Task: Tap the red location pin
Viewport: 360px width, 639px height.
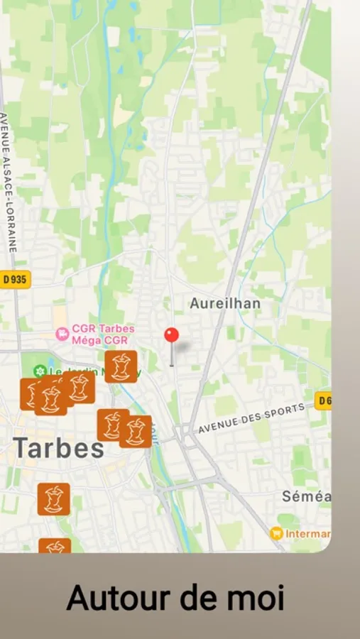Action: point(171,337)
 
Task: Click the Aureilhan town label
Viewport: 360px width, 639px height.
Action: point(225,303)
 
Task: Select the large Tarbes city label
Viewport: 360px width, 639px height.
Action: point(59,448)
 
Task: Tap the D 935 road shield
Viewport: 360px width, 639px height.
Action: point(14,279)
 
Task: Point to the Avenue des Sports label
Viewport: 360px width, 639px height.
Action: point(251,418)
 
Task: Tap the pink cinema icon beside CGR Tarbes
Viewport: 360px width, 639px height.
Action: point(62,331)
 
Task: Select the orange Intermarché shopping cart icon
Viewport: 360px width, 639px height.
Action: point(276,533)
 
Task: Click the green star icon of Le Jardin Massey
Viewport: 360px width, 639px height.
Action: point(40,371)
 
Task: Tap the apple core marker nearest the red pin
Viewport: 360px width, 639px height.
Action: point(121,366)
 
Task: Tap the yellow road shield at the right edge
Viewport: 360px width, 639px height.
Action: point(323,400)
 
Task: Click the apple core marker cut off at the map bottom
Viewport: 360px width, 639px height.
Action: point(54,547)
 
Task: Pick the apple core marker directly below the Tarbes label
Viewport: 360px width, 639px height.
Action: point(54,499)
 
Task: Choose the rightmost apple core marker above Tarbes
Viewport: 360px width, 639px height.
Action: point(135,431)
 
